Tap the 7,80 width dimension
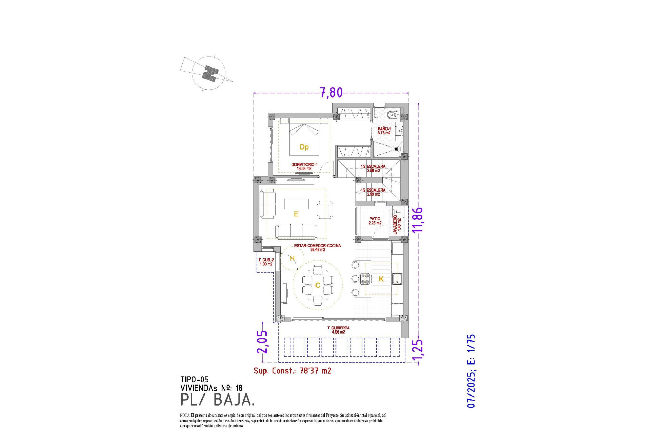331,93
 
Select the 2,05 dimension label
262,342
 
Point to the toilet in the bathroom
392,115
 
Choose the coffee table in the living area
296,204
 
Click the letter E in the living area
296,214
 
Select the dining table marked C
318,285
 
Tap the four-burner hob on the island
365,278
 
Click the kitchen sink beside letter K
397,279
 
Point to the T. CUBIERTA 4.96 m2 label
338,330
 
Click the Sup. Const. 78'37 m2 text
292,371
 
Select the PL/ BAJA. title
218,400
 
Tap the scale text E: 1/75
471,349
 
